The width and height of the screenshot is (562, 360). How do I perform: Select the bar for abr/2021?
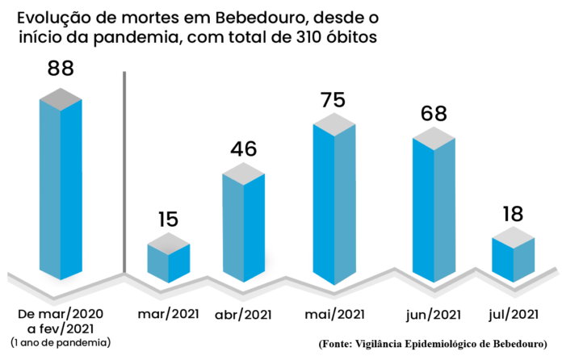(244, 226)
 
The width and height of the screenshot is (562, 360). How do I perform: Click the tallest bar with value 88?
(61, 186)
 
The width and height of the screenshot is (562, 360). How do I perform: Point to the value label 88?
(61, 69)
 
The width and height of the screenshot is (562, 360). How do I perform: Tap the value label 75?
(333, 100)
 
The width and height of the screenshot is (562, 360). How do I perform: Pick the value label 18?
(513, 214)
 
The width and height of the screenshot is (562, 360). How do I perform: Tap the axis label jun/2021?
(434, 314)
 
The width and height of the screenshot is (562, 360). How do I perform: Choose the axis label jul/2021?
(514, 313)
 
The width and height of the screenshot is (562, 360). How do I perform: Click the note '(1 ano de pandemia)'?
(61, 343)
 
